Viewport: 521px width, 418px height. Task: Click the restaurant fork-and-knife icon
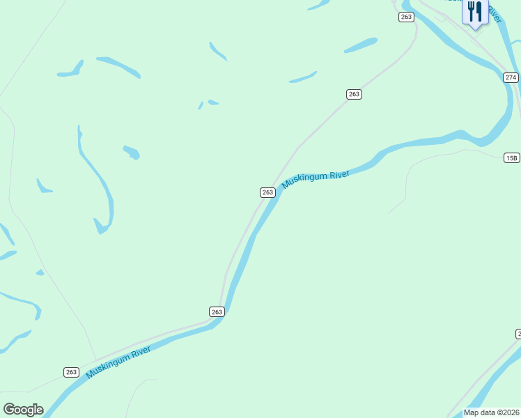click(x=474, y=12)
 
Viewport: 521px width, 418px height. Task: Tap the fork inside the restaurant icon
click(x=471, y=10)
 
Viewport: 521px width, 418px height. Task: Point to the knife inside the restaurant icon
click(x=479, y=10)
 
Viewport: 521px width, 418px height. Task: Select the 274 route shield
click(x=511, y=77)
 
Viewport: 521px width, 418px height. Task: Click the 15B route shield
click(x=511, y=158)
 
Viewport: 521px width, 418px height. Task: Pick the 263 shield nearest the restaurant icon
click(x=406, y=17)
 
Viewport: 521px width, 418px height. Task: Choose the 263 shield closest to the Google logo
click(x=71, y=372)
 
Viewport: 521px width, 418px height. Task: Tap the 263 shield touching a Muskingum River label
click(x=267, y=192)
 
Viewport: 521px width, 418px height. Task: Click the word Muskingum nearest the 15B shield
click(x=305, y=180)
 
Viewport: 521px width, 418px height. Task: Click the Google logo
click(x=23, y=410)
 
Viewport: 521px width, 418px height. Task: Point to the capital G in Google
click(x=9, y=410)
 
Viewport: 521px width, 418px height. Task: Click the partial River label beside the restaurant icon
click(x=494, y=13)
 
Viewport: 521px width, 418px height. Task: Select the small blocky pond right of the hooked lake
click(x=131, y=152)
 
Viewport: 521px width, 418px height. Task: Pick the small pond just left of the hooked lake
click(x=43, y=186)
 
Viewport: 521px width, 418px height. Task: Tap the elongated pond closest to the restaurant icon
click(x=361, y=46)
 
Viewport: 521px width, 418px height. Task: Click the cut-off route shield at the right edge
click(x=518, y=334)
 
